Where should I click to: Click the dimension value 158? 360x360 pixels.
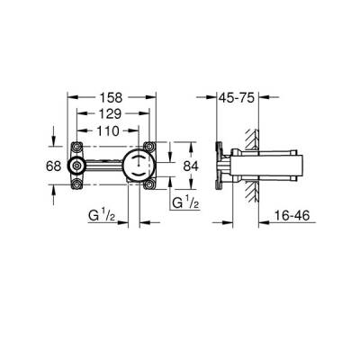(111, 96)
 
